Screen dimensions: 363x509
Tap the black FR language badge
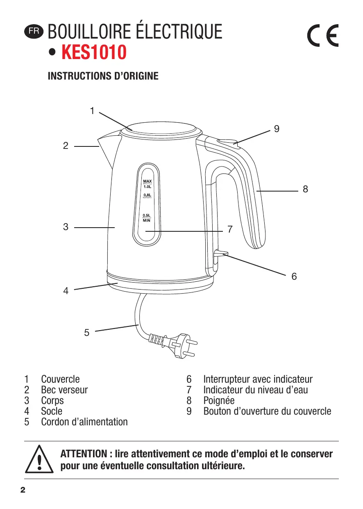(x=33, y=31)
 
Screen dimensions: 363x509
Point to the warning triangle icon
(x=39, y=459)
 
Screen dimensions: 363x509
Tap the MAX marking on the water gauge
(x=147, y=181)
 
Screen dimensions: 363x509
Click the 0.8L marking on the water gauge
(x=147, y=195)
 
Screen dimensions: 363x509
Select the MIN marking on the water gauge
(x=147, y=220)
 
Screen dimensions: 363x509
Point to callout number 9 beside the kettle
(x=277, y=129)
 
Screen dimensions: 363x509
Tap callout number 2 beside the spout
(x=66, y=146)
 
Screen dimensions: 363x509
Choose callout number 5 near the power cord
(x=86, y=333)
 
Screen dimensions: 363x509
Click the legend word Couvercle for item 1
(x=60, y=379)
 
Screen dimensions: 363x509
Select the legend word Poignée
(x=219, y=401)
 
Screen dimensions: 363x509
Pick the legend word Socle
(x=52, y=411)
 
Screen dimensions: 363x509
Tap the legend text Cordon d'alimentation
(x=84, y=422)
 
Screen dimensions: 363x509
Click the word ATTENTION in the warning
(x=84, y=454)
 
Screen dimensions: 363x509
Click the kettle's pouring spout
(x=107, y=150)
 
